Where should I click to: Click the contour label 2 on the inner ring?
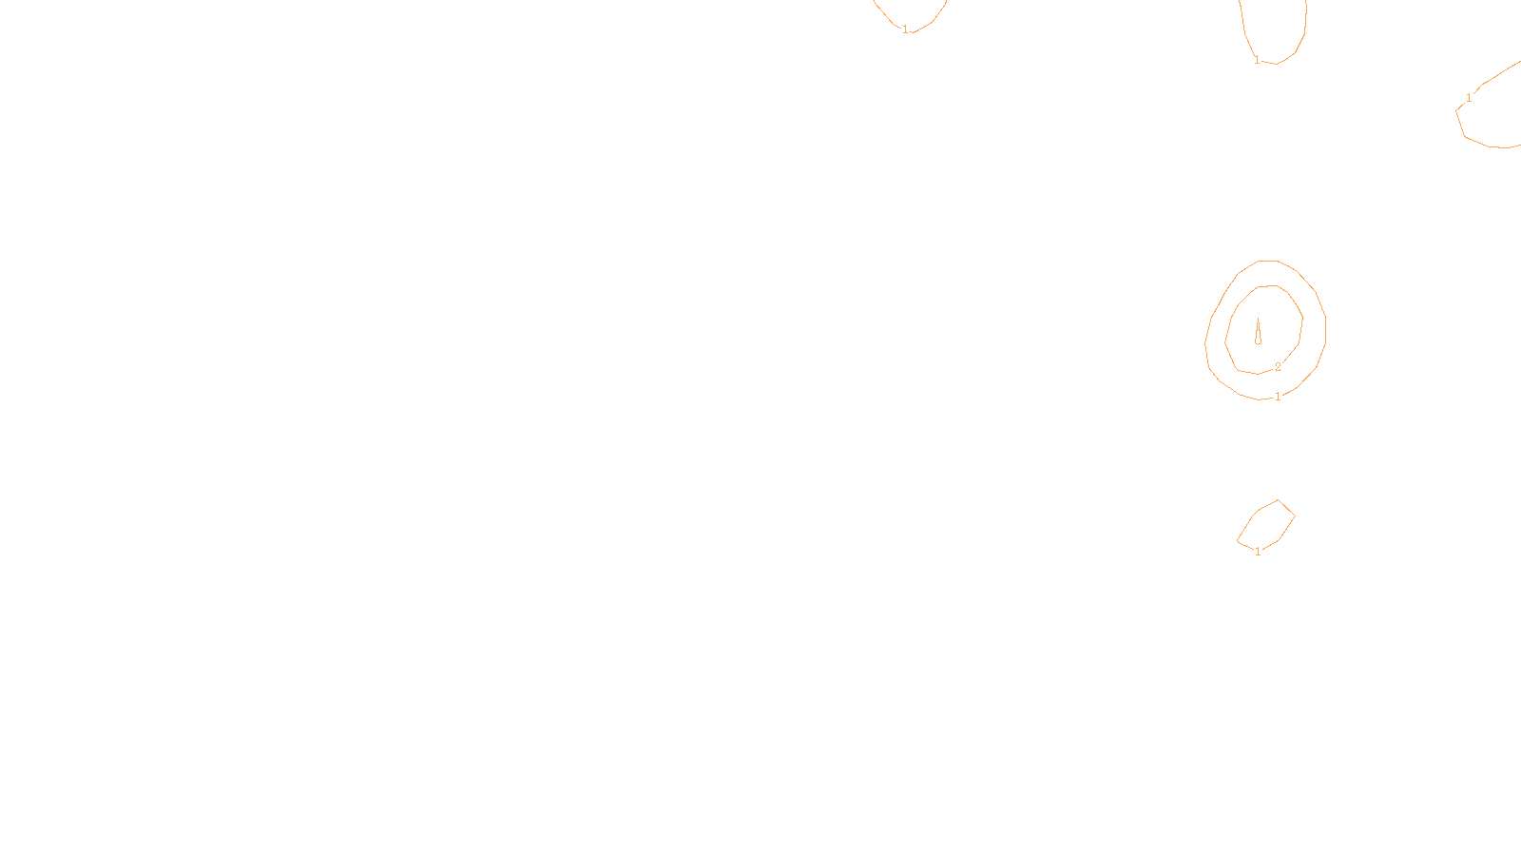click(x=1278, y=366)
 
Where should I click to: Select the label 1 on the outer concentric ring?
click(x=1278, y=397)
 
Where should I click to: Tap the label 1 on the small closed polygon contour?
click(x=1258, y=552)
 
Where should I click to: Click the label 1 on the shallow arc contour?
click(x=905, y=29)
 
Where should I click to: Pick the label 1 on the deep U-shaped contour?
click(x=1257, y=60)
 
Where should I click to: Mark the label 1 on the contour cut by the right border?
click(x=1469, y=98)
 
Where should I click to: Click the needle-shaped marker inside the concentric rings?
click(x=1258, y=331)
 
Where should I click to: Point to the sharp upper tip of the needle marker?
click(x=1258, y=319)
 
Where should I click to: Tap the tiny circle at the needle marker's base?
click(x=1258, y=340)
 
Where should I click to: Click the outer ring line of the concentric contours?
click(x=1325, y=328)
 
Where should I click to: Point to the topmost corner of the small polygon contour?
click(x=1279, y=500)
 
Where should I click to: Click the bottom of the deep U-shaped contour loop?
click(x=1277, y=64)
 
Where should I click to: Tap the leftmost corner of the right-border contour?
click(x=1456, y=111)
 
